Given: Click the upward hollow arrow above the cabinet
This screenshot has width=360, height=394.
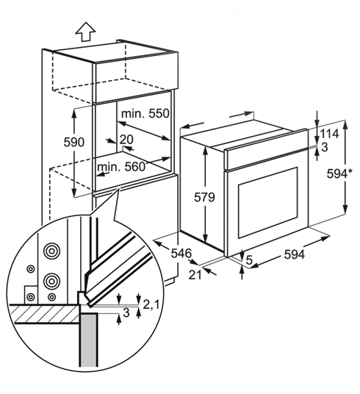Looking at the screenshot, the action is point(86,32).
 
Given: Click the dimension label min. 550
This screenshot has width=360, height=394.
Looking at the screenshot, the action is point(145,114).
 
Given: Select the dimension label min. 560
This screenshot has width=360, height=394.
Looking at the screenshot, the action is point(121,166).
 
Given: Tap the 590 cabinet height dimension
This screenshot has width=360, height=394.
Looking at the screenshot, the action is point(74,142).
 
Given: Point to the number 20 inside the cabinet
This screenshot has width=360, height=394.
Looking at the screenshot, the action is point(126,140).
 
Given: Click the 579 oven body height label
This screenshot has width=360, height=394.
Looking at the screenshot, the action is point(204,197).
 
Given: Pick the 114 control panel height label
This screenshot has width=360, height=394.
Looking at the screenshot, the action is point(329,134).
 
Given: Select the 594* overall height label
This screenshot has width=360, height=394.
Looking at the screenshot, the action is point(339,173).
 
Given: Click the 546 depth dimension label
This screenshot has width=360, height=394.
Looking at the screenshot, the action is point(181,254).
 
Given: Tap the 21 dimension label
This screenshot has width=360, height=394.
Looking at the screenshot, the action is point(195,275).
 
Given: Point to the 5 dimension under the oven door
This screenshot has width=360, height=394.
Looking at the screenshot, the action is point(249,259).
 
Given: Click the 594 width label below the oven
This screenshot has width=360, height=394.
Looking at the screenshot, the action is point(295,254).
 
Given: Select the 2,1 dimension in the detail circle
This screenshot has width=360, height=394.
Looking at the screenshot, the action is point(151,305).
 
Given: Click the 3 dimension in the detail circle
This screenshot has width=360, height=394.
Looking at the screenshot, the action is point(126,312).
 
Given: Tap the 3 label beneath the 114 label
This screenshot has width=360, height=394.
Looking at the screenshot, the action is point(325,147).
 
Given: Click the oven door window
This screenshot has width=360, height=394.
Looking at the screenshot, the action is point(268,203).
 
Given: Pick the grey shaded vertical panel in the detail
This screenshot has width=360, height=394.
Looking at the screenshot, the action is point(88,340).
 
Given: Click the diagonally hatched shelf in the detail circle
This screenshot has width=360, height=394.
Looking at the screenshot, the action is point(45,314).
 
